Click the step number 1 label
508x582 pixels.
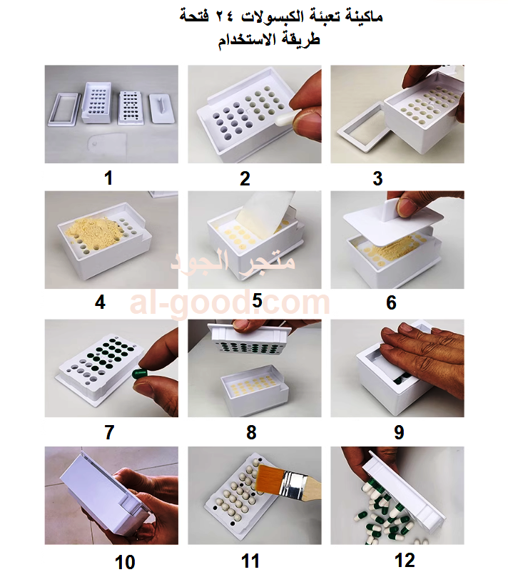tap(108, 178)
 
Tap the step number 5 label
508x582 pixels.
tap(257, 300)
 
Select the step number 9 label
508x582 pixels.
tap(399, 432)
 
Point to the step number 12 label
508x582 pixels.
tap(405, 560)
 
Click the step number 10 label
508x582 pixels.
tap(125, 562)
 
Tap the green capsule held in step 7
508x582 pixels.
tap(139, 373)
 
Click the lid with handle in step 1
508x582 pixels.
tap(160, 108)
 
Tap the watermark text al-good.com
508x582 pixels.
tap(230, 303)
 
